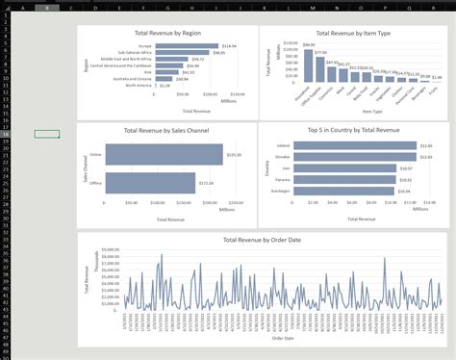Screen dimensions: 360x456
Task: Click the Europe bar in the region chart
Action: (x=189, y=45)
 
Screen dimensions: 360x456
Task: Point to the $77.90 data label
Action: (x=320, y=52)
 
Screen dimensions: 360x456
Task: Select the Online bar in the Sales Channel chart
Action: (x=164, y=155)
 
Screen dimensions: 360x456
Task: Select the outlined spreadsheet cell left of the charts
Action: (x=46, y=134)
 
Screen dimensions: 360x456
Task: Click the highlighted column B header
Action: (x=46, y=7)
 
